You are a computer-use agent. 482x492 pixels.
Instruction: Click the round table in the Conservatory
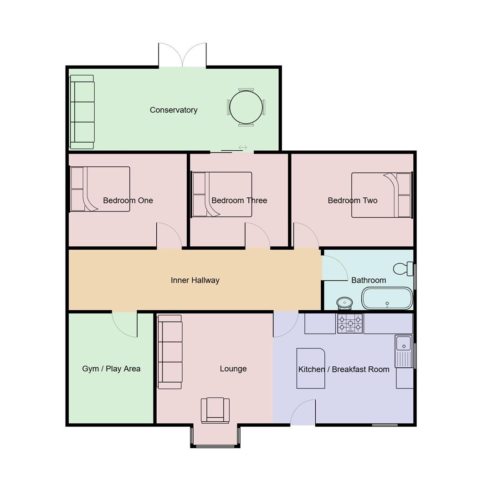click(246, 108)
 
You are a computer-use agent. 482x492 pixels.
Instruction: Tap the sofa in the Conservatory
click(82, 112)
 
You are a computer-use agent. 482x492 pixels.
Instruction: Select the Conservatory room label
click(174, 110)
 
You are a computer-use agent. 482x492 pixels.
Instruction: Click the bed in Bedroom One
click(100, 189)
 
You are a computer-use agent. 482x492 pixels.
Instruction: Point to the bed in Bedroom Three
click(222, 194)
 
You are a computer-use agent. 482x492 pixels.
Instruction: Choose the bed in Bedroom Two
click(381, 195)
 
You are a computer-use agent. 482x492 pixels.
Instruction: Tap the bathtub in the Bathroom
click(387, 299)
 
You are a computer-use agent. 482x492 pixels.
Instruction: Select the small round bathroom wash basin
click(344, 302)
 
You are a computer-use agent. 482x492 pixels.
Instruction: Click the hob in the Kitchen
click(350, 323)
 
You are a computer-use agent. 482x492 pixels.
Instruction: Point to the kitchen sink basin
click(403, 343)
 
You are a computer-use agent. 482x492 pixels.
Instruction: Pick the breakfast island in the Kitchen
click(311, 369)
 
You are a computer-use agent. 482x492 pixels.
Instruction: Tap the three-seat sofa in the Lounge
click(170, 352)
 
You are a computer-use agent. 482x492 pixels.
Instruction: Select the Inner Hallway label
click(195, 280)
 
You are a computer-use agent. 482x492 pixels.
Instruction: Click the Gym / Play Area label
click(111, 369)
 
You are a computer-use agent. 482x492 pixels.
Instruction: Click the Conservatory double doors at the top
click(182, 56)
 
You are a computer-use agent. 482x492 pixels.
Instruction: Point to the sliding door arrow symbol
click(243, 148)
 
